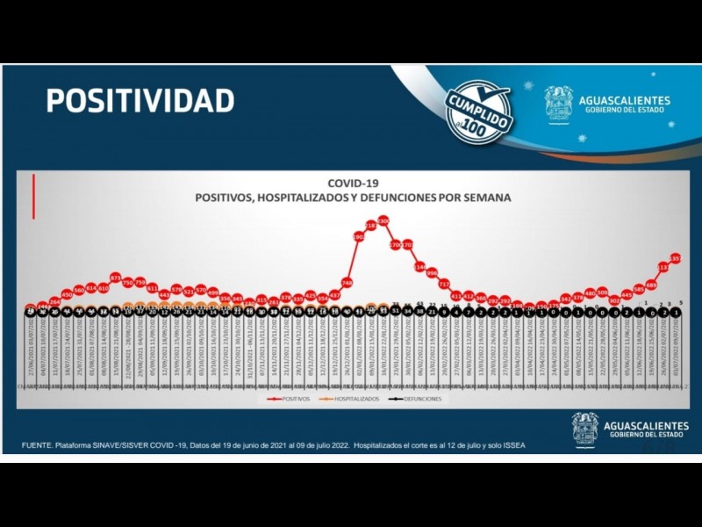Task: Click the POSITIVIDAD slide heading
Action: point(140,100)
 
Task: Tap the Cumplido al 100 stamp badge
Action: point(479,110)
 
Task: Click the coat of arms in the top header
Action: point(558,103)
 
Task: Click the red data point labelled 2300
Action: point(383,220)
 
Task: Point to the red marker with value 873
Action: point(116,277)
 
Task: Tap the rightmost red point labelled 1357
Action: point(675,258)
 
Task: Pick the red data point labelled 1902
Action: point(359,236)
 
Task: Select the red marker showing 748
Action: point(347,283)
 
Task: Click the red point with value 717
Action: point(444,284)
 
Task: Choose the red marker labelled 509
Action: point(602,292)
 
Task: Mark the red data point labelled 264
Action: point(54,301)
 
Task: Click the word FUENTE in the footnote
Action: point(38,445)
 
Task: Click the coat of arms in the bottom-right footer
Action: point(585,429)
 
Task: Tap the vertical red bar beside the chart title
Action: point(33,197)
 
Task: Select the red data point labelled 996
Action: point(432,273)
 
